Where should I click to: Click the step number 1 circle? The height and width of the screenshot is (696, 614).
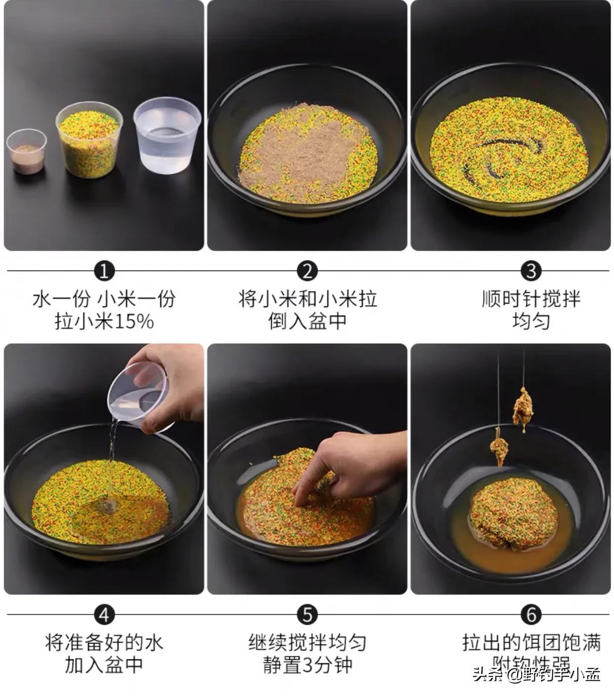(104, 271)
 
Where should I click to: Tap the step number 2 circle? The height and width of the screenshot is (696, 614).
(307, 271)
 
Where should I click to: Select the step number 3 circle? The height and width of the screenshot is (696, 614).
(531, 271)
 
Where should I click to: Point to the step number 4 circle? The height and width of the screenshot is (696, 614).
(104, 615)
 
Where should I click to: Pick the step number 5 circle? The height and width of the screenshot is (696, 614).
(307, 615)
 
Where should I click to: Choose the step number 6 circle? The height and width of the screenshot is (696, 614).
(531, 615)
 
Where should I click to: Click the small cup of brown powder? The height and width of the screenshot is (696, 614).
(26, 152)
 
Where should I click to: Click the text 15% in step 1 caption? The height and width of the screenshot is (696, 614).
(134, 322)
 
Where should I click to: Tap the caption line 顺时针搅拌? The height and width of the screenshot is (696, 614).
(531, 299)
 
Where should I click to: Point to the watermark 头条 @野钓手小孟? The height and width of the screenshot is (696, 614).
(536, 674)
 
